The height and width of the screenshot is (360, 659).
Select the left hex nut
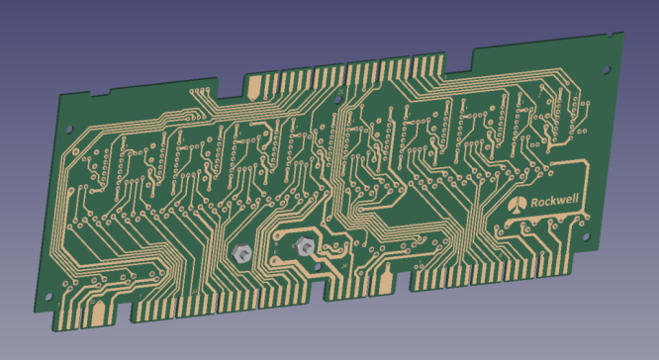pos(239,252)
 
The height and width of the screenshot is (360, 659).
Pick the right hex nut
pos(305,248)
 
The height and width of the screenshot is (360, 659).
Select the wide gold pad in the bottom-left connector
pos(99,315)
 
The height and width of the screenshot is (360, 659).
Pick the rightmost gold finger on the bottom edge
pos(567,265)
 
